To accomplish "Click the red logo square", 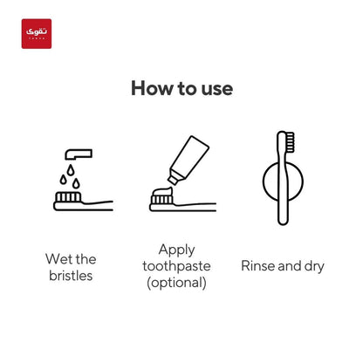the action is coord(37,34).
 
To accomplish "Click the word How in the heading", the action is coord(152,88).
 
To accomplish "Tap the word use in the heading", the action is coord(217,89).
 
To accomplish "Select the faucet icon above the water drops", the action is coord(79,154).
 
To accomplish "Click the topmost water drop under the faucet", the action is coord(71,170).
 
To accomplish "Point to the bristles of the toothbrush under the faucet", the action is coord(68,197).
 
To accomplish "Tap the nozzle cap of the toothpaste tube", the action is coord(173,180).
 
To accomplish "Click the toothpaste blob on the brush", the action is coord(162,192).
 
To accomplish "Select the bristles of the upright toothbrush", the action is coord(290,142).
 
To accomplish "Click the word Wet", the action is coord(58,259).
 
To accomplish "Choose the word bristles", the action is coord(71,276).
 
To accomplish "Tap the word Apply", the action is coord(177,250).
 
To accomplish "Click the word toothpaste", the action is coord(176,266).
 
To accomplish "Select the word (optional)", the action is coord(177,283).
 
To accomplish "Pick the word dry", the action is coord(314,267).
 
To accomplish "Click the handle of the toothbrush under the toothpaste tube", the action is coord(195,206).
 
